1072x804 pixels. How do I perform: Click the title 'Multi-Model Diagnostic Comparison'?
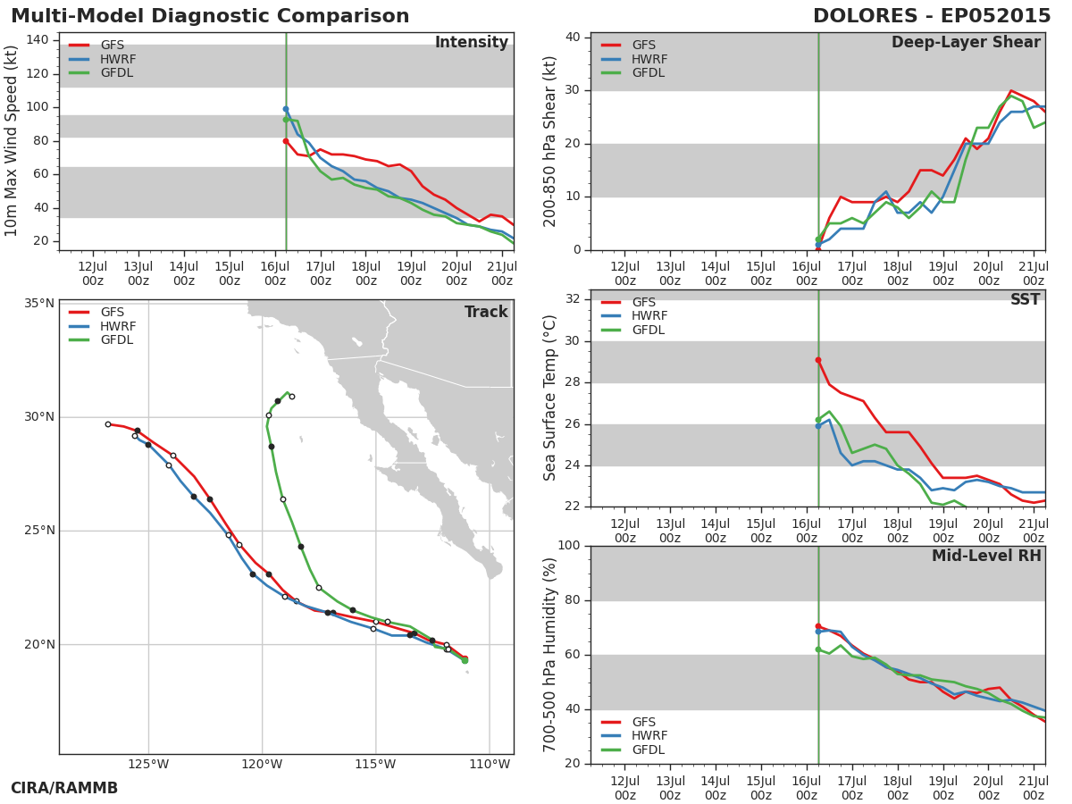pos(210,16)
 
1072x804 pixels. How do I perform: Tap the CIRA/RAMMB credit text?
pos(64,788)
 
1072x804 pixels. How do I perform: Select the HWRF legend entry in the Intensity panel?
pos(103,59)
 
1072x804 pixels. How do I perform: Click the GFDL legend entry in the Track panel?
pos(101,339)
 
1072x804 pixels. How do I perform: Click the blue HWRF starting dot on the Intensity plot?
pos(286,109)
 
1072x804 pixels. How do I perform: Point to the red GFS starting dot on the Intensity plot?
pos(286,141)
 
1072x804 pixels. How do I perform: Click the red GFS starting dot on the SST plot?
pos(818,360)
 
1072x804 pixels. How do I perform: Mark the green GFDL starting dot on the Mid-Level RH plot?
pos(818,649)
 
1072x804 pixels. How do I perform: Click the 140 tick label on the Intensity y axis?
pos(38,40)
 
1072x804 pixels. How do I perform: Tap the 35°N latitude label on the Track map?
pos(39,304)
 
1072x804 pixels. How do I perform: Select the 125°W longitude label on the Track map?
pos(148,764)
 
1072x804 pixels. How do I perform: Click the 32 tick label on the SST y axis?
pos(573,298)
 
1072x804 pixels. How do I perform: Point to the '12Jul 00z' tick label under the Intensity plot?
pos(93,274)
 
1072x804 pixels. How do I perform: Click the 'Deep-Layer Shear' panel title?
pos(966,43)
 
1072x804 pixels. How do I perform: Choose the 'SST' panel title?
pos(1026,299)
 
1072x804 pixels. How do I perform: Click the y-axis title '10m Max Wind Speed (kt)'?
pos(11,141)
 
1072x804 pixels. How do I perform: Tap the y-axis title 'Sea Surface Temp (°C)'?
pos(549,398)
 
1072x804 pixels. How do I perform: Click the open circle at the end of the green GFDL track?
pos(291,397)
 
